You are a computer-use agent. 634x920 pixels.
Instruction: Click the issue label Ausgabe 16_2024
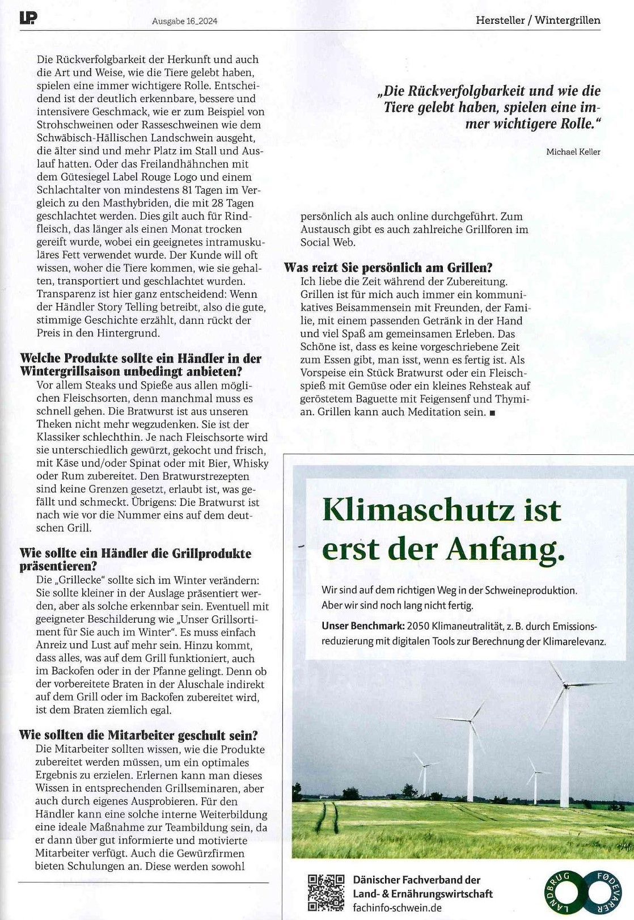[185, 21]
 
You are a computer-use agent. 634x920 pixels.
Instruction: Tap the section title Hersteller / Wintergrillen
[538, 20]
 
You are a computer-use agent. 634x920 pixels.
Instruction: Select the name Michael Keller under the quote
[573, 151]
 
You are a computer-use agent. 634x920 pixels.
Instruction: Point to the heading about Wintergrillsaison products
[140, 365]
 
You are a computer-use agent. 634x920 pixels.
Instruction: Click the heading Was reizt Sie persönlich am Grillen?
[388, 267]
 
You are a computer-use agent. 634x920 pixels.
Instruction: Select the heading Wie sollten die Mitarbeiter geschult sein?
[138, 735]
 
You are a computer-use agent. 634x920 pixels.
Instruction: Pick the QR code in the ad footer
[326, 893]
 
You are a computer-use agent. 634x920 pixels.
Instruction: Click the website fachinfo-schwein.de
[397, 907]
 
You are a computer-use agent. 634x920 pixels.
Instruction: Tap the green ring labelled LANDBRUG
[560, 893]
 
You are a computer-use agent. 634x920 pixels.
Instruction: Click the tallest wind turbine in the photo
[564, 737]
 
